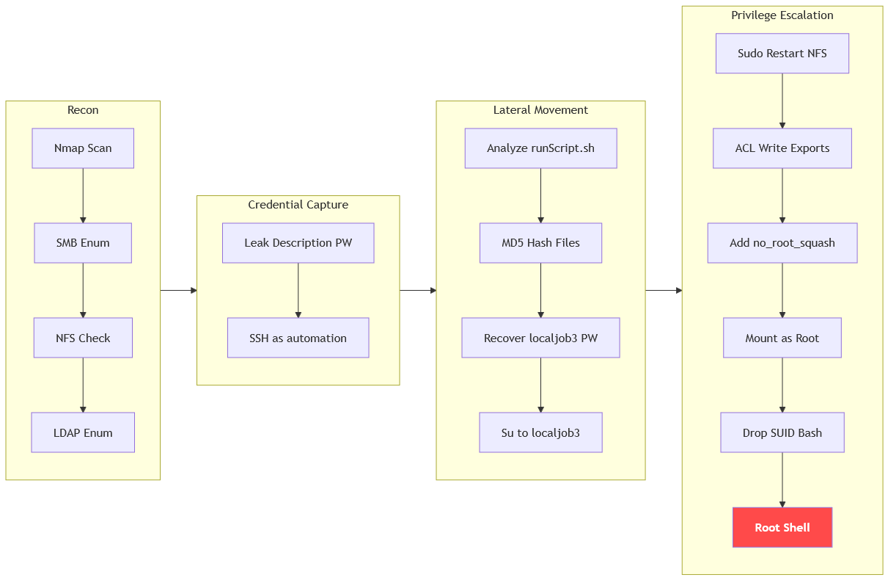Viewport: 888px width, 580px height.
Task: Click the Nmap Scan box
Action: tap(83, 148)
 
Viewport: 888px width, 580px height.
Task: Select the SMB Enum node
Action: tap(83, 243)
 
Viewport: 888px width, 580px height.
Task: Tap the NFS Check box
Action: tap(83, 338)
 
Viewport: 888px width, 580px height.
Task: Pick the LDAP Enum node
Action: tap(83, 432)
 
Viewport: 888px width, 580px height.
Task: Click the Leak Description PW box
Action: tap(298, 243)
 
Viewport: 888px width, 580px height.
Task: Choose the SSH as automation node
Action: tap(298, 338)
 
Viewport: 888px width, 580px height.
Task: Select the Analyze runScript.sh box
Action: tap(540, 148)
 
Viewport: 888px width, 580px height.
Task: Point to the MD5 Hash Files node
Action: tap(540, 243)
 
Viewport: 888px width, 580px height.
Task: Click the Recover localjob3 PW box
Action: tap(540, 338)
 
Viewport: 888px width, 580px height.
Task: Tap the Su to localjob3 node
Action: tap(540, 432)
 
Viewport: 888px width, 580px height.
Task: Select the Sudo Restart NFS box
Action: tap(782, 53)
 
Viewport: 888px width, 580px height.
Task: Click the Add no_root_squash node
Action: tap(782, 243)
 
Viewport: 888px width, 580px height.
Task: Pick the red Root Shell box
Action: tap(782, 527)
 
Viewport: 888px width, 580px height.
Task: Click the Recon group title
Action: tap(83, 110)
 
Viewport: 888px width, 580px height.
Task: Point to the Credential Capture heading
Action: tap(298, 205)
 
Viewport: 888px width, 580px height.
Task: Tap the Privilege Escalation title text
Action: tap(782, 15)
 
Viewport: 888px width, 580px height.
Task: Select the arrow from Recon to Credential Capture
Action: tap(179, 291)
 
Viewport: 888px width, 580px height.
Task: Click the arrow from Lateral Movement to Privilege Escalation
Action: tap(664, 291)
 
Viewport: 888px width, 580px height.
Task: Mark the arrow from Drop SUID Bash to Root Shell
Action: tap(782, 480)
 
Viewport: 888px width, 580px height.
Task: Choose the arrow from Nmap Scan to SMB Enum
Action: tap(83, 196)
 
